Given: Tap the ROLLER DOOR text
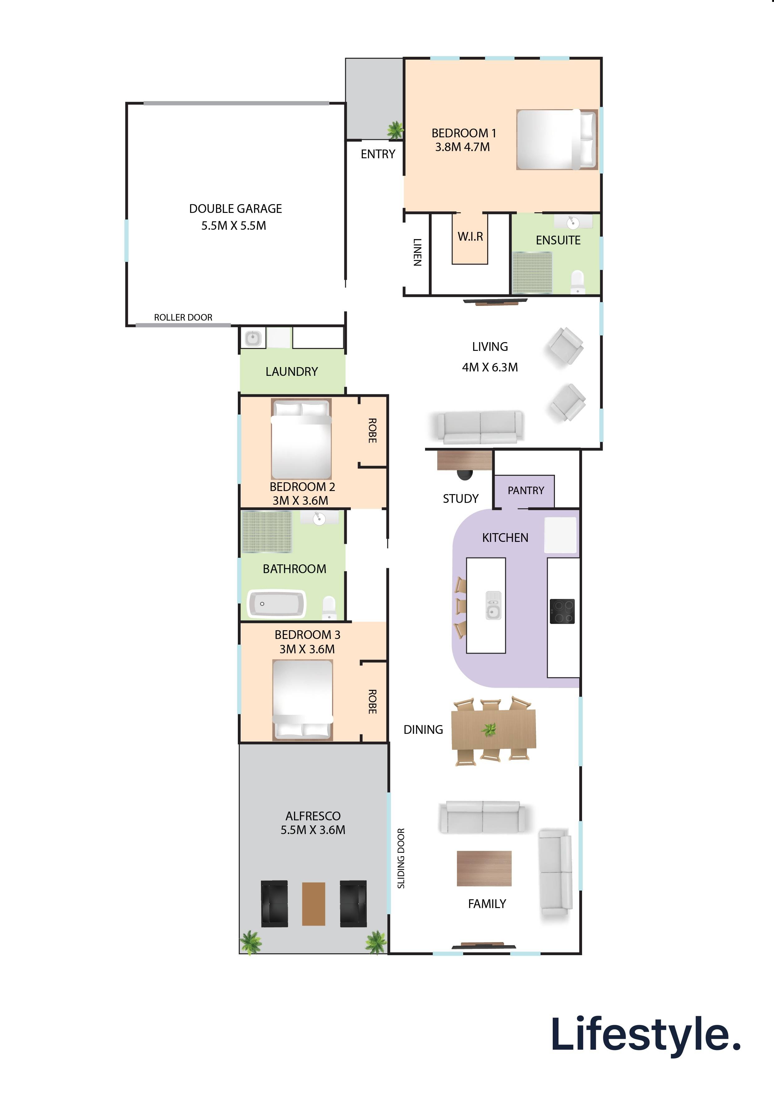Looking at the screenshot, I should pos(183,317).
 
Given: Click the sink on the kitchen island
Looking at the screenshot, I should pos(493,605).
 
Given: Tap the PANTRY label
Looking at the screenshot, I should pos(526,490).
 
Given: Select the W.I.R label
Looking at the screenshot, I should pos(470,237).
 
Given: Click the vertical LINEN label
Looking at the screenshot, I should pos(417,252).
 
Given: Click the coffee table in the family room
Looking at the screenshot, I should pos(484,868).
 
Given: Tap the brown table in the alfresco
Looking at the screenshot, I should pos(314,904).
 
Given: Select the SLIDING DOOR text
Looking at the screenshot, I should pos(401,858).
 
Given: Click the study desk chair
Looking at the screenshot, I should pos(464,475).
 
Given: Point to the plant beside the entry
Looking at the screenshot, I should pos(395,130).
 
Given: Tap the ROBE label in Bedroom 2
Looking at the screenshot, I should pos(372,431).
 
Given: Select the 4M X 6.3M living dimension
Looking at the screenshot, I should pos(490,367).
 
